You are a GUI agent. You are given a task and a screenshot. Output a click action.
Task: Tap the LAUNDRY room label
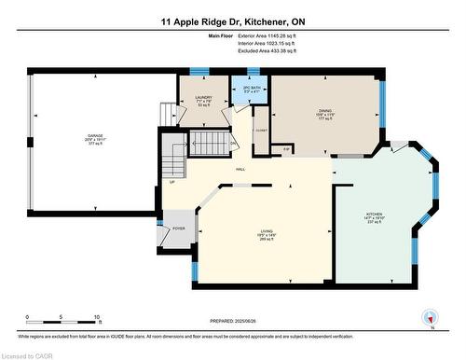click(195, 99)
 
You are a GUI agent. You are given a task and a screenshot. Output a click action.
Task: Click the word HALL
click(240, 169)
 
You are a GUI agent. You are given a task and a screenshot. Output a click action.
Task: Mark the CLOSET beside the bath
click(260, 130)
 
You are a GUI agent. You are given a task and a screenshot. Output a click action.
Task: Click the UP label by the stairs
click(171, 182)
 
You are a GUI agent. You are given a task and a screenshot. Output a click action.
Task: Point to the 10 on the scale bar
click(97, 317)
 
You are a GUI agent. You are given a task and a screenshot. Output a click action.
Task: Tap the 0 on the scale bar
click(27, 317)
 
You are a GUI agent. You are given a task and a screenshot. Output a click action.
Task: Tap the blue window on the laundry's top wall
click(197, 71)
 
